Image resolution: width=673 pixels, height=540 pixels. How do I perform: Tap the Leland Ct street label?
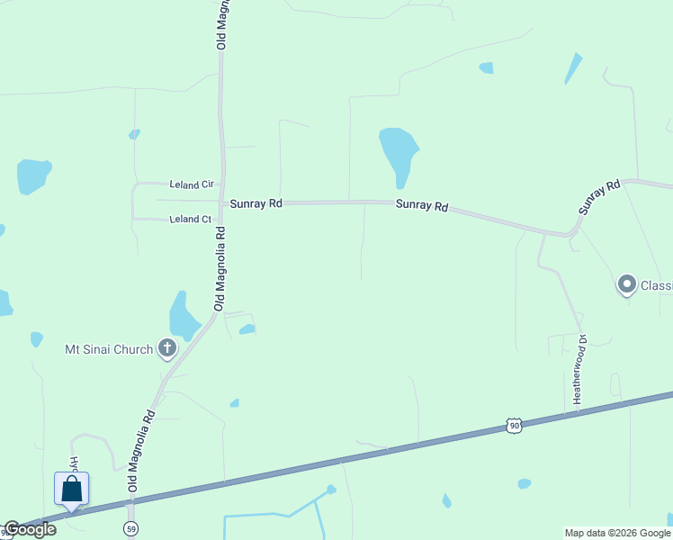(x=191, y=219)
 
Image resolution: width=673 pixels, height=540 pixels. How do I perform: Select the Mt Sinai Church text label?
(x=109, y=349)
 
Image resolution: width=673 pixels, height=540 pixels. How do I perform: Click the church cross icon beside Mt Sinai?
(x=166, y=348)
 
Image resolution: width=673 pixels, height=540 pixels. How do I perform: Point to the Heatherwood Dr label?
(x=579, y=369)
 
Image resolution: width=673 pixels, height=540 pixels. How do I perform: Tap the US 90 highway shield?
(x=514, y=425)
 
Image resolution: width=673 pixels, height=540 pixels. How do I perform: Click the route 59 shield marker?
(x=131, y=527)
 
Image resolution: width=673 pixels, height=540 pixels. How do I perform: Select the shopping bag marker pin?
(x=72, y=490)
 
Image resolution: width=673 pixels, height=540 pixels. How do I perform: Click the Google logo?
(x=30, y=529)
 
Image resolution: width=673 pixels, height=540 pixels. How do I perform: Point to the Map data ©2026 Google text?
(x=617, y=533)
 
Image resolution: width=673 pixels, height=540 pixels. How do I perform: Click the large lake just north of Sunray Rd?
(x=398, y=151)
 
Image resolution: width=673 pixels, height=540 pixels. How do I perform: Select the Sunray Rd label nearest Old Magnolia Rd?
(x=256, y=204)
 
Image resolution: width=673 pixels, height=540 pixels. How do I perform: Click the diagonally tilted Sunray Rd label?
(x=600, y=197)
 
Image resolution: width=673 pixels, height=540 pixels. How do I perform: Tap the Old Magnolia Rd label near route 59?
(x=143, y=450)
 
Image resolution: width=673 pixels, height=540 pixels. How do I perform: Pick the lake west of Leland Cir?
(x=33, y=175)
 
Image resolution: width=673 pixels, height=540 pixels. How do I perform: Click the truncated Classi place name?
(x=656, y=286)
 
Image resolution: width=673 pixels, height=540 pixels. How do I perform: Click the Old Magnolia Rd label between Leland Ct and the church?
(x=220, y=268)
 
